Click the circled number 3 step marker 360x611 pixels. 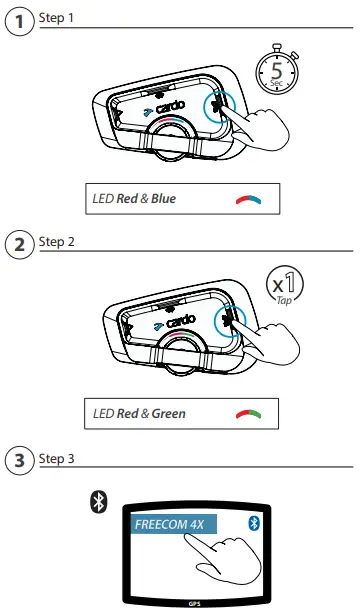(x=19, y=463)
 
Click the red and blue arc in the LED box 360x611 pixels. (x=247, y=198)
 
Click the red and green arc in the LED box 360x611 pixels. (x=247, y=413)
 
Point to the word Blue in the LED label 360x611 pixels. (x=161, y=198)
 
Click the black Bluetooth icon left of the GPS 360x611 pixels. (x=98, y=503)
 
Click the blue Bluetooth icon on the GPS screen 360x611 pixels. (x=253, y=524)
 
